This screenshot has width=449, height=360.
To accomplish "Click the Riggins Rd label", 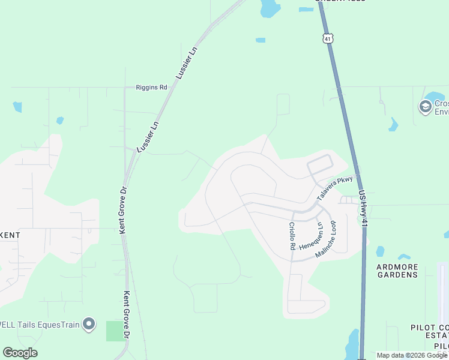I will (151, 87).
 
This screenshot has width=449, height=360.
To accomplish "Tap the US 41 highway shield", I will (327, 38).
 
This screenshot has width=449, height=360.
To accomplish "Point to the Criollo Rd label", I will (292, 236).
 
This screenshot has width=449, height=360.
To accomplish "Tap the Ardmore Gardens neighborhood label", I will (396, 271).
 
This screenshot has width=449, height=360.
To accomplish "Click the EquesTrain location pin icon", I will (89, 325).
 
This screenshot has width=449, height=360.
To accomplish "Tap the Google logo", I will (20, 353).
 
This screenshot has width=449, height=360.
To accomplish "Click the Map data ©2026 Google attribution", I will (412, 355).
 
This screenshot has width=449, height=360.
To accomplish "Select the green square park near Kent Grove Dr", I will (114, 331).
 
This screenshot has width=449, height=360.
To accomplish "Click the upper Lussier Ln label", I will (186, 63).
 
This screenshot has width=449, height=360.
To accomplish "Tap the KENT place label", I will (10, 235).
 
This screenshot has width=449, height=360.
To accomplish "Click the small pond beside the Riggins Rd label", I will (60, 120).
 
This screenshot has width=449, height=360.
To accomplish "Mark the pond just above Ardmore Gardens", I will (380, 251).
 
